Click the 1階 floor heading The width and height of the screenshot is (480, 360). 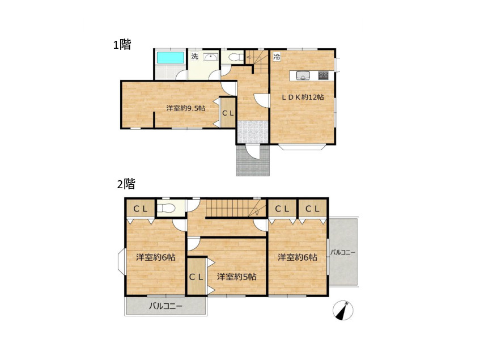tap(122, 45)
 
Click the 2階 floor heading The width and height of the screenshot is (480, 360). tap(126, 184)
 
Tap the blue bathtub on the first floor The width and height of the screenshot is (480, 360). tap(171, 58)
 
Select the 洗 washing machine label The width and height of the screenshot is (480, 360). tap(195, 56)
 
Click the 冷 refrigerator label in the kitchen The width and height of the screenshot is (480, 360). tap(277, 57)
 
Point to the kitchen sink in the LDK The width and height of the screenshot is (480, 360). tap(303, 75)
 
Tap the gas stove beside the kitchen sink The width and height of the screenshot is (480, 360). tap(323, 75)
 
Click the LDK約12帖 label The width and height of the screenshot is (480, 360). tap(303, 98)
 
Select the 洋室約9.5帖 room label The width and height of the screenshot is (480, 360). tap(186, 108)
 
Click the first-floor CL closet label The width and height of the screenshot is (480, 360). tap(228, 113)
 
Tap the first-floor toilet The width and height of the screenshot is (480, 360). tap(236, 57)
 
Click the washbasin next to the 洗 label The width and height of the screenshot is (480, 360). tap(211, 57)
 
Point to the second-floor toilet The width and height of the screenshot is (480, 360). tap(165, 209)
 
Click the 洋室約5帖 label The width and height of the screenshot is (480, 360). tap(237, 277)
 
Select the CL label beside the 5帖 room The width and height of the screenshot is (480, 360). tap(196, 277)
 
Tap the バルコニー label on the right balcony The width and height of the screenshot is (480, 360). tap(342, 252)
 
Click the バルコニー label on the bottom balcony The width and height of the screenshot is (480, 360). tap(165, 306)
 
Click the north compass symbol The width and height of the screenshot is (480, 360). tap(343, 311)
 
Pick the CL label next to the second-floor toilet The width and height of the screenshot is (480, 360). tap(141, 209)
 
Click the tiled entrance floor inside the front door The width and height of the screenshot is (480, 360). tap(253, 132)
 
